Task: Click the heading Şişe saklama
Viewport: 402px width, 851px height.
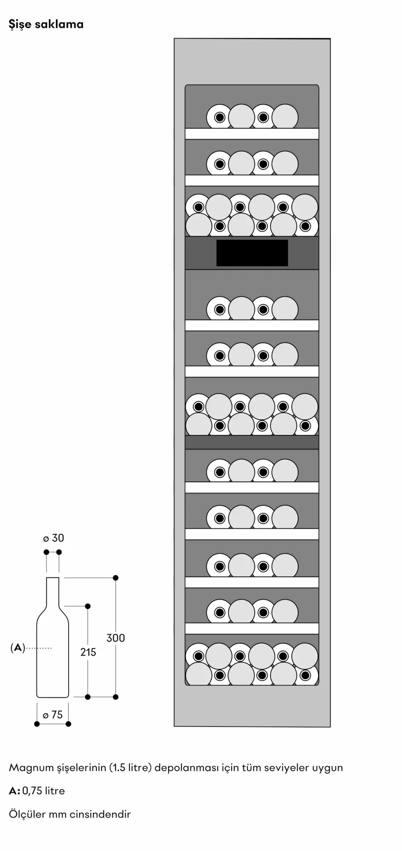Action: click(46, 25)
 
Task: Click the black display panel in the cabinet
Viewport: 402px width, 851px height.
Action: click(252, 253)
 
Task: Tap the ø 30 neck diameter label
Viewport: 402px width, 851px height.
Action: click(54, 538)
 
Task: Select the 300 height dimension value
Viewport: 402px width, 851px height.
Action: click(116, 638)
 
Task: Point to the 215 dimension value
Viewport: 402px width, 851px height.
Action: click(88, 652)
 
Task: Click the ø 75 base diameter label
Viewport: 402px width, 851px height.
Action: click(53, 715)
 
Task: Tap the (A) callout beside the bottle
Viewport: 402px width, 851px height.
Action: click(17, 648)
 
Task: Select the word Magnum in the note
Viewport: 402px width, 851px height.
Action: click(31, 768)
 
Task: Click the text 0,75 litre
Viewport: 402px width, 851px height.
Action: click(43, 791)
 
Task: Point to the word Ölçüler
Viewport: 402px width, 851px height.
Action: click(27, 814)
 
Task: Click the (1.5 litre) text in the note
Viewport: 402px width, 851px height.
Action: click(130, 768)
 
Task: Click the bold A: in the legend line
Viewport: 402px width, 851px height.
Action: click(14, 791)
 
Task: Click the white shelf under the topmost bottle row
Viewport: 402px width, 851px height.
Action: click(252, 134)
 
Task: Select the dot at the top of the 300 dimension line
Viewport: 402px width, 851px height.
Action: click(116, 578)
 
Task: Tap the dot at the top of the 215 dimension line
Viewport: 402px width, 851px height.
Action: click(88, 606)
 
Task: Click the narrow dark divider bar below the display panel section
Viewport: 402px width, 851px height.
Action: click(252, 443)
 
